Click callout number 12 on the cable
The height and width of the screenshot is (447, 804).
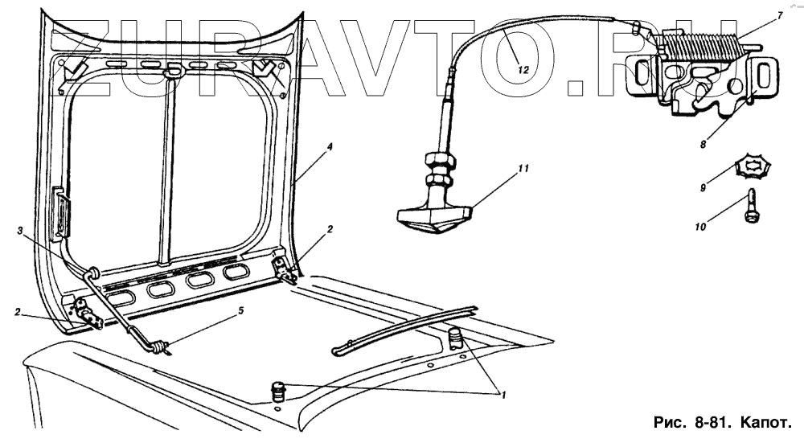[x=523, y=70]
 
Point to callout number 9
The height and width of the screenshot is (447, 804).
[x=703, y=188]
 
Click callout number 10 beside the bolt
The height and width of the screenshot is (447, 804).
[x=700, y=227]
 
